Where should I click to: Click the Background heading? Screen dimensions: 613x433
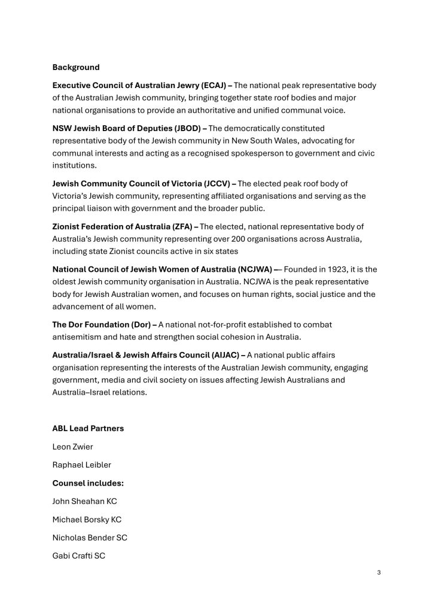pyautogui.click(x=76, y=67)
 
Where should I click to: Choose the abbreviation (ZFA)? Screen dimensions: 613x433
pyautogui.click(x=179, y=226)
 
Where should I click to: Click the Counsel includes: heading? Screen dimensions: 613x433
pyautogui.click(x=88, y=482)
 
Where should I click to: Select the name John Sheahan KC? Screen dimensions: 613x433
pyautogui.click(x=85, y=501)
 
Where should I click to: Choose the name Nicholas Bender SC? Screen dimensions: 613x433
pyautogui.click(x=90, y=537)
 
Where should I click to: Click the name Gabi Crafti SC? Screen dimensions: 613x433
pyautogui.click(x=79, y=556)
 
